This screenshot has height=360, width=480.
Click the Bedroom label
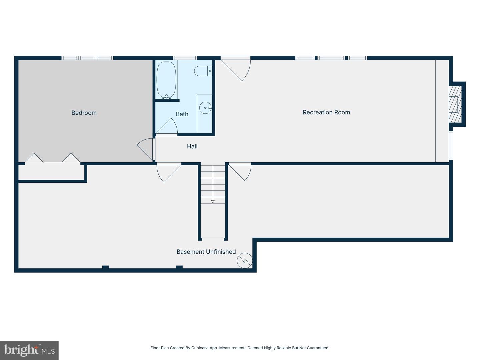[84, 113]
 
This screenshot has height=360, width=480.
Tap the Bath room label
[182, 114]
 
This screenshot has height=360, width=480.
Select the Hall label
[192, 146]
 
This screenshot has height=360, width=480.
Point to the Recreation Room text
[326, 112]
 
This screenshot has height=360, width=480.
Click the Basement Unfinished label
[206, 252]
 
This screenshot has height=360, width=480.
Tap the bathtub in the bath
[166, 80]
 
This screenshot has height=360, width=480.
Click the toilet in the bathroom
[203, 71]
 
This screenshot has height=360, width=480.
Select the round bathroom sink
[205, 108]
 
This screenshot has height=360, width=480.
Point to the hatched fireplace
[455, 104]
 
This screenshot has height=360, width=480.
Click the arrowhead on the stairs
[213, 202]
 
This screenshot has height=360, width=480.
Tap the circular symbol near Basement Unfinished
[245, 261]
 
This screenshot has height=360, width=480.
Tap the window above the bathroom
[185, 58]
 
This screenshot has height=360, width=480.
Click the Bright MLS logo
[29, 350]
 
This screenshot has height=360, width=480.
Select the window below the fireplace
[451, 145]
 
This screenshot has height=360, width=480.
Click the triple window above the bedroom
[87, 58]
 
